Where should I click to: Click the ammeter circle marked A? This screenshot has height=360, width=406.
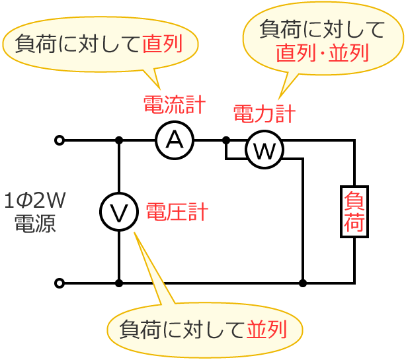click(175, 140)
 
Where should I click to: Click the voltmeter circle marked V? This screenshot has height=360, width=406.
click(119, 212)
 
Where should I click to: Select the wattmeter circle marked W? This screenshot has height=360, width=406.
click(264, 150)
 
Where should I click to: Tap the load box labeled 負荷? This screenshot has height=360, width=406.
click(354, 212)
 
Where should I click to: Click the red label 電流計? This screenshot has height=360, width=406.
click(174, 104)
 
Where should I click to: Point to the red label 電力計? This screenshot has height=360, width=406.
click(264, 113)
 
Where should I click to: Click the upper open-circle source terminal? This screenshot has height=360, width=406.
click(60, 140)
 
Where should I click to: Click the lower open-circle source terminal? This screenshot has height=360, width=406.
click(60, 283)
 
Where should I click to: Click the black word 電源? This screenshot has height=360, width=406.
click(35, 223)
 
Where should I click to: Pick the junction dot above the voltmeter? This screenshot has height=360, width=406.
click(119, 140)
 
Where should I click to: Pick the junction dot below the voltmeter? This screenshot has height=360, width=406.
click(119, 283)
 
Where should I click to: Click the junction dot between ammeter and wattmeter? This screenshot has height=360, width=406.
click(226, 140)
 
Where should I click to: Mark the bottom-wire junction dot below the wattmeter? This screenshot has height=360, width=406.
click(303, 283)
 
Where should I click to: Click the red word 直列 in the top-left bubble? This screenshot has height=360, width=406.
click(161, 44)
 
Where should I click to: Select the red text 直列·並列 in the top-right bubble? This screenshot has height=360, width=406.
click(322, 53)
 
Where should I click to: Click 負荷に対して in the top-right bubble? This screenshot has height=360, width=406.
click(322, 30)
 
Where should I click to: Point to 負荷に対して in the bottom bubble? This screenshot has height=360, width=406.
click(182, 329)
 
